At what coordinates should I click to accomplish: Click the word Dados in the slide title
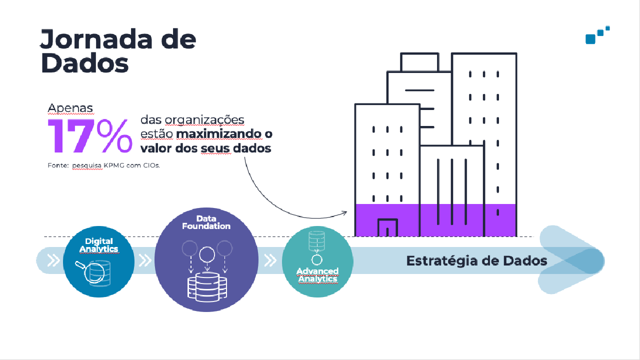84,63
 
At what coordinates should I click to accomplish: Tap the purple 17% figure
90,135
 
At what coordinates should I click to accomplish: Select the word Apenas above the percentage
70,107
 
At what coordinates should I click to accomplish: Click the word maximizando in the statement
218,134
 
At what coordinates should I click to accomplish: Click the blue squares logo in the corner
597,35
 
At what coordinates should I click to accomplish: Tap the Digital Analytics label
98,245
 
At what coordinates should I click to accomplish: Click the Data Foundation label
206,222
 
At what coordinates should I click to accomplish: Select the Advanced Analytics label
317,274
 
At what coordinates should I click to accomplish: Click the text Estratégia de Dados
476,261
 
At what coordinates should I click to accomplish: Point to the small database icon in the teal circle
316,241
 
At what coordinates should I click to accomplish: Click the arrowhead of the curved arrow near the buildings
344,212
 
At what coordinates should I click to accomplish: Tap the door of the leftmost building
387,227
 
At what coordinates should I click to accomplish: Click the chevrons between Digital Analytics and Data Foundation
144,260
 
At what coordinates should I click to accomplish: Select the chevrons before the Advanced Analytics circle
270,260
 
